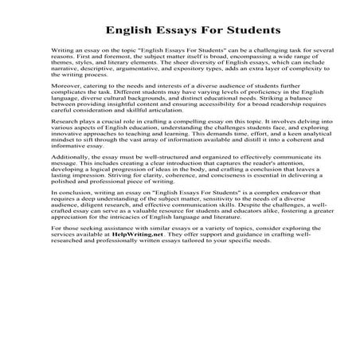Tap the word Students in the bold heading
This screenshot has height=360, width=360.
point(248,30)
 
